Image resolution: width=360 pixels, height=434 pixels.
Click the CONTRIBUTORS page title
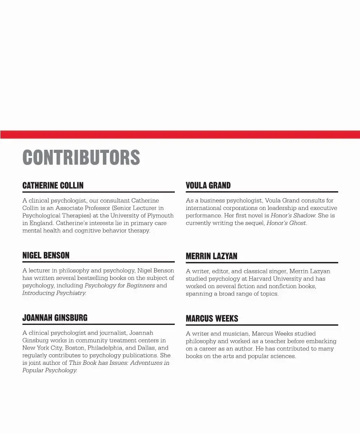tap(81, 157)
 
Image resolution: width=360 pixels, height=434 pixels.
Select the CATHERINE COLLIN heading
tap(53, 185)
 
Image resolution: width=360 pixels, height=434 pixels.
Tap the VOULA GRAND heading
tap(208, 185)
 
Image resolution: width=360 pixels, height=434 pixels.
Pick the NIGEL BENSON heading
tap(46, 256)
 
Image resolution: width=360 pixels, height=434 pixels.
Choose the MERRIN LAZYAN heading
tap(211, 256)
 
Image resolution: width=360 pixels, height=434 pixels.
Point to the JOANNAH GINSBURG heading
tap(55, 318)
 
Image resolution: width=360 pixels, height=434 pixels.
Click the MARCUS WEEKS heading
tap(212, 319)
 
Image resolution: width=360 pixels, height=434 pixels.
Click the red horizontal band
tap(180, 135)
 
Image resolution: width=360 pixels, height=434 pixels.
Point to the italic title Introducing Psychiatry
tap(54, 293)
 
